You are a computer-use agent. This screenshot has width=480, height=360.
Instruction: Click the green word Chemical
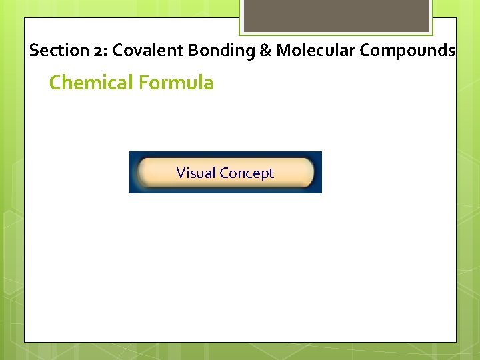click(91, 83)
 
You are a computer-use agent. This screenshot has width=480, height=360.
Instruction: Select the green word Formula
click(176, 83)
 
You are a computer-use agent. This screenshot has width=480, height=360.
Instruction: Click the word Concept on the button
click(247, 173)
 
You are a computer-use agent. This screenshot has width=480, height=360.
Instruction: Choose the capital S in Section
click(35, 51)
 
